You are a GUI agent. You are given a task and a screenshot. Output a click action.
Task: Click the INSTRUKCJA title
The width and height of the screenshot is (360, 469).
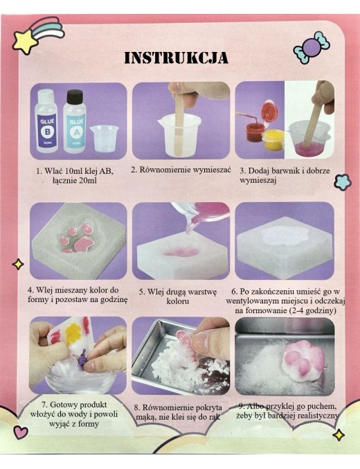[x=176, y=57]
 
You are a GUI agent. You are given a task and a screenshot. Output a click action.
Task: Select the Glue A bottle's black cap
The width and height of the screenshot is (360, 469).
[x=75, y=96]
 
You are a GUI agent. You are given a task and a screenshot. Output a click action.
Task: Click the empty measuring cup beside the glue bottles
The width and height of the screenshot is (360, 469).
[x=104, y=138]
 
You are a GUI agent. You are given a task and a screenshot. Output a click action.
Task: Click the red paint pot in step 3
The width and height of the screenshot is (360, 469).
[x=253, y=132]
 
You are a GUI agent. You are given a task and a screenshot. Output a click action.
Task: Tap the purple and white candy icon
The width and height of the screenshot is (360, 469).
[x=312, y=47]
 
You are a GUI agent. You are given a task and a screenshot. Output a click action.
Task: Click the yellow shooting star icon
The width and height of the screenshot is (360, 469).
[x=25, y=42]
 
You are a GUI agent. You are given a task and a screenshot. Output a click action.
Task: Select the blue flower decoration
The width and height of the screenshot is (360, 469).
[x=342, y=182]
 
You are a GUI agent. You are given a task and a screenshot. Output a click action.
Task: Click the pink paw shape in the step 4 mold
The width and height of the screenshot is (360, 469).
[x=77, y=238]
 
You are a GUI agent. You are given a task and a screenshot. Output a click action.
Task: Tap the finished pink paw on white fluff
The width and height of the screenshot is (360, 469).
[x=303, y=361]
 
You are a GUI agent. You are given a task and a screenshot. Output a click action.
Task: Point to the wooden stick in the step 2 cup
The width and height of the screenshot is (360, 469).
[x=178, y=123]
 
